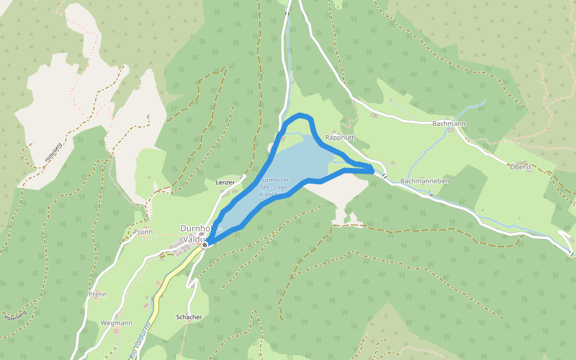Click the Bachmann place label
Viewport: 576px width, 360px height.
coord(449,124)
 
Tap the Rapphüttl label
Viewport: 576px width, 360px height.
coord(340,137)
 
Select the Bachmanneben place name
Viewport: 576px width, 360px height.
coord(425,181)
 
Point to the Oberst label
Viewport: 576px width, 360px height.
coord(520,167)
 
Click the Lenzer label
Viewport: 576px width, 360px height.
coord(225,182)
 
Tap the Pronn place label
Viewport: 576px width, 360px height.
coord(143,232)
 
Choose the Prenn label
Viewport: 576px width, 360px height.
coord(98,294)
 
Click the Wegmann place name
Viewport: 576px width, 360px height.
coord(116,323)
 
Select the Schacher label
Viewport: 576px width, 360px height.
coord(189,317)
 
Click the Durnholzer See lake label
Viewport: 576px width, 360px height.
coord(274,187)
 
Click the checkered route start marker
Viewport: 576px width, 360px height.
coord(205,245)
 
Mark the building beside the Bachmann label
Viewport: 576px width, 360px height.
coord(451,132)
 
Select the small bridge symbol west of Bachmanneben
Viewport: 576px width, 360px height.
coord(382,176)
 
